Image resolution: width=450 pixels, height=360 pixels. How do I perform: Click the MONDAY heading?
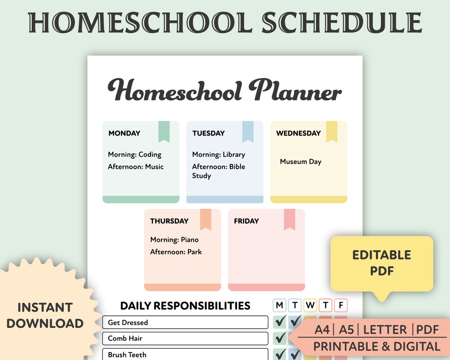click(124, 133)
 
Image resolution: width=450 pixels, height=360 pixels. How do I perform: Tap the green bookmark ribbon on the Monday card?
click(164, 131)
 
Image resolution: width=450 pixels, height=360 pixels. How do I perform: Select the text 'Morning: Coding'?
click(135, 155)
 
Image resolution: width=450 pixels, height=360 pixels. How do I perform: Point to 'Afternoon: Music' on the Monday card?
click(136, 167)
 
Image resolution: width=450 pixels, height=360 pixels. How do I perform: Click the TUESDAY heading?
click(208, 133)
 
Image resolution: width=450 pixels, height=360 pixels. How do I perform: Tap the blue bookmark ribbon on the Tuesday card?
click(248, 131)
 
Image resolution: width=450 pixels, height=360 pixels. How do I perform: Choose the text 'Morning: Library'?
click(218, 155)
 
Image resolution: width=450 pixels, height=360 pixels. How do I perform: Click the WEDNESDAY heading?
click(298, 133)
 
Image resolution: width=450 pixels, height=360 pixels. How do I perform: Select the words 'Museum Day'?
click(300, 162)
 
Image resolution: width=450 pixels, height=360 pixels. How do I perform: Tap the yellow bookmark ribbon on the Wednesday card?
click(332, 131)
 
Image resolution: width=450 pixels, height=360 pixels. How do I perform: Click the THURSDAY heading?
click(169, 221)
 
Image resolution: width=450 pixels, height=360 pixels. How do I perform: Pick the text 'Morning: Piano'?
click(174, 240)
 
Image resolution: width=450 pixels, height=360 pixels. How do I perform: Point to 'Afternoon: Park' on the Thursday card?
click(176, 252)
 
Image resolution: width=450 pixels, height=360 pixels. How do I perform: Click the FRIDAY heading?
click(246, 221)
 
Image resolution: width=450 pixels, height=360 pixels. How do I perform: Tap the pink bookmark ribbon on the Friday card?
click(290, 219)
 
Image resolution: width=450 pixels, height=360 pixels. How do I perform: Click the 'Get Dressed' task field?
click(185, 322)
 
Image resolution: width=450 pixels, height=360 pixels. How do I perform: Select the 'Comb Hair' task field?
click(185, 338)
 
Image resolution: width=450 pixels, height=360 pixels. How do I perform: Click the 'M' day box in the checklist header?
click(280, 305)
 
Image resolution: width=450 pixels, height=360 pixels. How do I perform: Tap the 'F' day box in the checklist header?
click(340, 305)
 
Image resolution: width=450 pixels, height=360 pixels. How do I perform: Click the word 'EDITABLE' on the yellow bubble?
click(382, 255)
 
